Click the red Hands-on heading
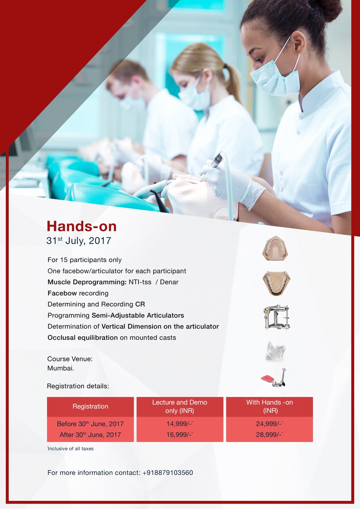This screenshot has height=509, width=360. [x=82, y=226]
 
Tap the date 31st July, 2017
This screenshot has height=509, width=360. [x=79, y=241]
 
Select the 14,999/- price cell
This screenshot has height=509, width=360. [x=180, y=423]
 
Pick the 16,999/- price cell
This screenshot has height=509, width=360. [x=180, y=435]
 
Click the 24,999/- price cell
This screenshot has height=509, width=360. [x=269, y=423]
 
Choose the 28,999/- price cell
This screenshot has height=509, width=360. [x=269, y=435]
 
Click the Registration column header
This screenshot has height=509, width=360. [x=90, y=406]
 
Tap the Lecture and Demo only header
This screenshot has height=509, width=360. [x=180, y=406]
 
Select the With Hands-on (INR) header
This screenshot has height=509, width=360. [x=269, y=406]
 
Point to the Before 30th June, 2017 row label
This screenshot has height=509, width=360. [x=90, y=424]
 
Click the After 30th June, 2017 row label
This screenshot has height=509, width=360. [x=90, y=435]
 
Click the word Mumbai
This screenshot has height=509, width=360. [x=61, y=368]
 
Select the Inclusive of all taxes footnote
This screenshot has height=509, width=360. [x=70, y=448]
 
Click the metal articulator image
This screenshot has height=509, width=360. [x=276, y=317]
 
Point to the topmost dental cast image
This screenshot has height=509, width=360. [x=275, y=248]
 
